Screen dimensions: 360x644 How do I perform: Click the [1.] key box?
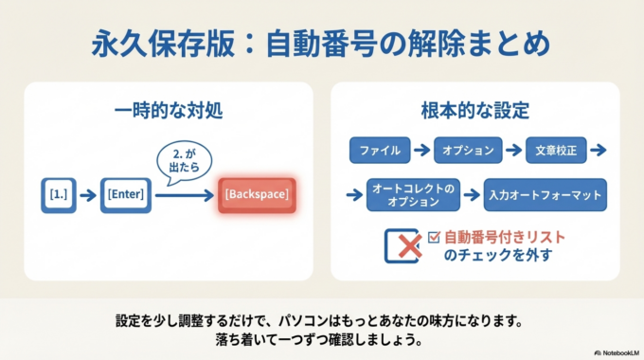click(x=58, y=194)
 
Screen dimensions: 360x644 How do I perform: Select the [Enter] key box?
click(x=125, y=194)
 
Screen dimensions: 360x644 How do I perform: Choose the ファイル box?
click(x=381, y=150)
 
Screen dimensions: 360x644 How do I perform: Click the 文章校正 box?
click(x=556, y=150)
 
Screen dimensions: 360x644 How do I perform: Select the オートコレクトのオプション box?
click(x=414, y=195)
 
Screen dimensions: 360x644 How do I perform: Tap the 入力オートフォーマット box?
click(x=545, y=195)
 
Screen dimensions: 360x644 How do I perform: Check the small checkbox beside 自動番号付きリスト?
click(x=435, y=238)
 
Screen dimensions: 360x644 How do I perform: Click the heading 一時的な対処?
click(x=168, y=109)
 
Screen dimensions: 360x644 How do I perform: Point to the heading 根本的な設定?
click(x=474, y=109)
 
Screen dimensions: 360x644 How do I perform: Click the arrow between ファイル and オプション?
click(x=423, y=150)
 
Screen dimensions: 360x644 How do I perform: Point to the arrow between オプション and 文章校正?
click(x=512, y=150)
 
